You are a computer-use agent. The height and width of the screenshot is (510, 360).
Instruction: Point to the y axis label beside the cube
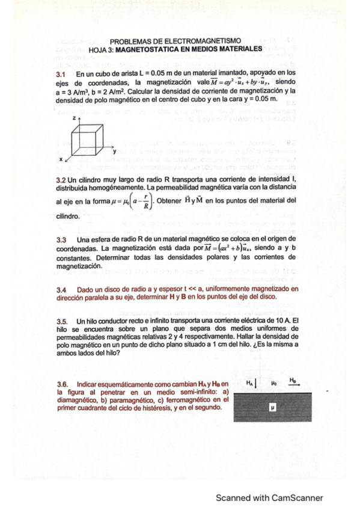(x=114, y=151)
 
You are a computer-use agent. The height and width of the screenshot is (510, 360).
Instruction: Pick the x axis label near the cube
(x=61, y=158)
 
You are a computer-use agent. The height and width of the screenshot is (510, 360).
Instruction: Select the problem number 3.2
(x=61, y=180)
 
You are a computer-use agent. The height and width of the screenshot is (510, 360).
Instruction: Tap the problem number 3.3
(x=61, y=239)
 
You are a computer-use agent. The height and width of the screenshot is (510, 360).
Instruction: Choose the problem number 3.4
(x=61, y=289)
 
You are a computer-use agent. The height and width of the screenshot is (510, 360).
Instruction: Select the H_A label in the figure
(x=250, y=381)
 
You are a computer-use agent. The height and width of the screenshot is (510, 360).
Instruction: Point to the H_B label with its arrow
(x=293, y=381)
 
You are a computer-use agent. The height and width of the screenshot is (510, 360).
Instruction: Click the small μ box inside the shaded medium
(x=272, y=407)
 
